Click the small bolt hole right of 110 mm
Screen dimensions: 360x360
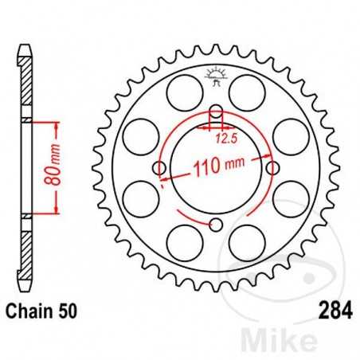coord(274,168)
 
